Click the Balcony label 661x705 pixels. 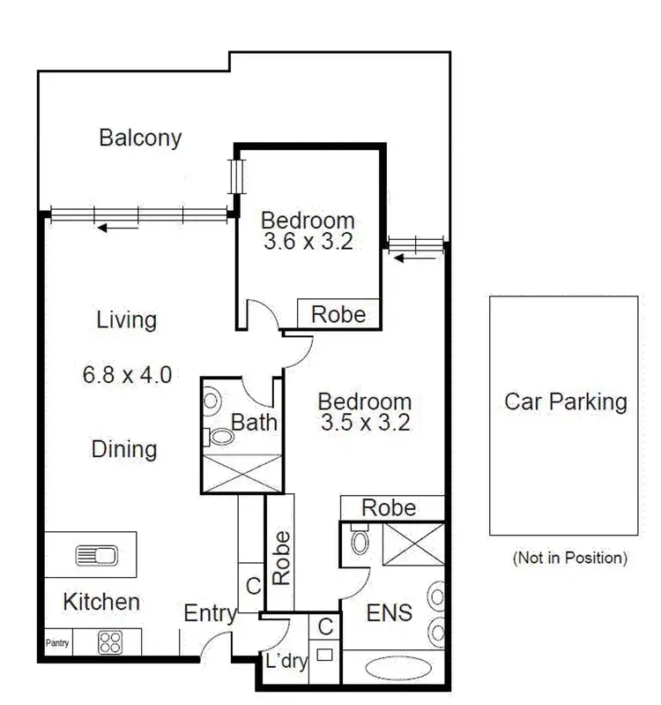[140, 138]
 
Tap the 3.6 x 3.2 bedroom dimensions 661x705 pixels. [308, 242]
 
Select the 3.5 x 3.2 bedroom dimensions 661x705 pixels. [365, 422]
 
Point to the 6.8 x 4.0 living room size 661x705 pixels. [127, 374]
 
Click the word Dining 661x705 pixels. [124, 449]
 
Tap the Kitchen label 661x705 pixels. [101, 602]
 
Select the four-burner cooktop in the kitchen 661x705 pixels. [112, 641]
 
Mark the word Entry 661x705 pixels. [209, 613]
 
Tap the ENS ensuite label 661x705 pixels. [389, 611]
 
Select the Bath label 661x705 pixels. [255, 422]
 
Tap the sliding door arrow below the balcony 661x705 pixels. [118, 228]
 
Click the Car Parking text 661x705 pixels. [565, 402]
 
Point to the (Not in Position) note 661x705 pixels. [569, 558]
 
